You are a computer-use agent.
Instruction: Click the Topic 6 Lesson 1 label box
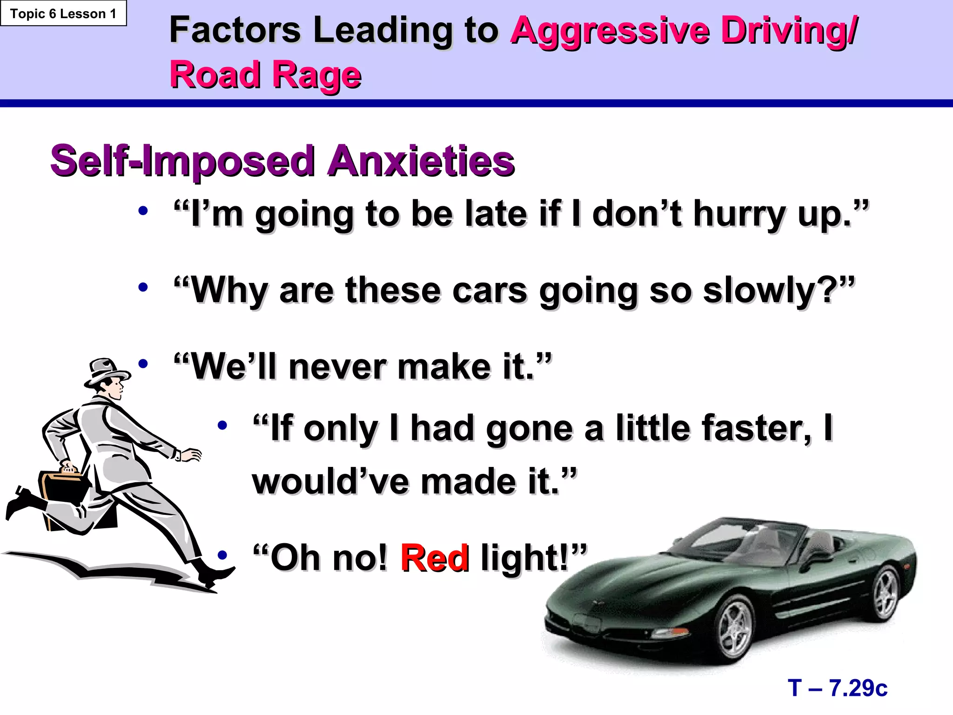[63, 14]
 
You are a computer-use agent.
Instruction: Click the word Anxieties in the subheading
[421, 161]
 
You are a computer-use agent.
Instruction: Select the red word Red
[435, 558]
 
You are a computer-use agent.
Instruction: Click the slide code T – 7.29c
[838, 688]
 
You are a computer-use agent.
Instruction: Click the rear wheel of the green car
[885, 593]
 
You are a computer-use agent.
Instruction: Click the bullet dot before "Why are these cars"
[143, 288]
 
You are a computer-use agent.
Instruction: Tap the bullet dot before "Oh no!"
[222, 555]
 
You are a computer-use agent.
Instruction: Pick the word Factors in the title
[235, 31]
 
